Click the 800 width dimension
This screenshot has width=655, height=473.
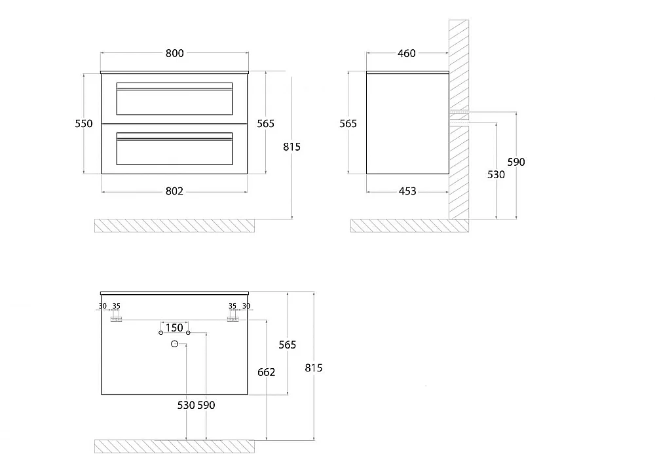click(175, 53)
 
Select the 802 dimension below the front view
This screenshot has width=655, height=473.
click(175, 191)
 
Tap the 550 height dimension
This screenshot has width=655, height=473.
click(84, 124)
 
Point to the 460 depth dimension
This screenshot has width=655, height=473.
click(407, 53)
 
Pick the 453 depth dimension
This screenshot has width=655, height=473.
click(407, 191)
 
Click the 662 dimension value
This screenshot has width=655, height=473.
click(266, 372)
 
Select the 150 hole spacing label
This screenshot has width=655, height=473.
click(174, 328)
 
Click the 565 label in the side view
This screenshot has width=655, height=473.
click(348, 124)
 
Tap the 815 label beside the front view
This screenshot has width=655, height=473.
click(291, 147)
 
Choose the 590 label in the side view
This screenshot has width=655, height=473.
click(516, 162)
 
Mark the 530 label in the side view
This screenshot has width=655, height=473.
click(496, 174)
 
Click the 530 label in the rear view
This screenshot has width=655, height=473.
click(186, 405)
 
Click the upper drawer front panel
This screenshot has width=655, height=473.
click(175, 99)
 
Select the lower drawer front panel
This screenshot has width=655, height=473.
click(175, 149)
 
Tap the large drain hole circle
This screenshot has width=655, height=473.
click(175, 344)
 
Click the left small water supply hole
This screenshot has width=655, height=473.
click(161, 333)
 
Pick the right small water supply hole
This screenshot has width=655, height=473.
click(188, 333)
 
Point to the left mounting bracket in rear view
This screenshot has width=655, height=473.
click(116, 320)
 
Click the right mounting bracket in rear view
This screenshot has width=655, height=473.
click(233, 320)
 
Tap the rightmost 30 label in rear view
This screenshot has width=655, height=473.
click(246, 306)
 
